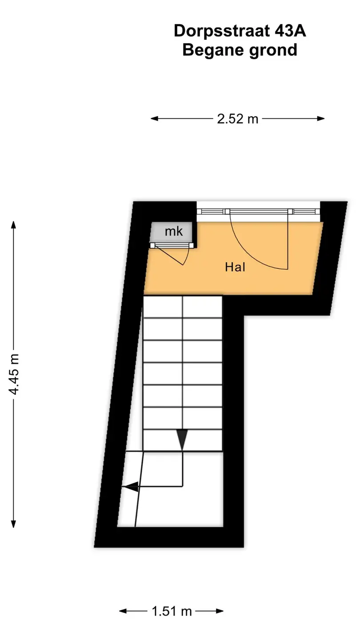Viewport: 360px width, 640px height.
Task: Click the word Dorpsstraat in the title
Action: coord(221,32)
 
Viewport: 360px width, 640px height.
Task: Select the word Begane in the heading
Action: coord(213,51)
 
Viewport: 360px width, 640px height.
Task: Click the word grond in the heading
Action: coord(273,51)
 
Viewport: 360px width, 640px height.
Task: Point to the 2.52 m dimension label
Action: coord(237,119)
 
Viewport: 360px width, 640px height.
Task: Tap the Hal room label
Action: coord(235,267)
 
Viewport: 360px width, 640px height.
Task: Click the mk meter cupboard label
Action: coord(174,232)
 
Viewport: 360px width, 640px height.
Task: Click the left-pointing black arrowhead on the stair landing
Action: coord(130,487)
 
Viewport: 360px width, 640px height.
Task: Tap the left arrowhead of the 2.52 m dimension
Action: coord(155,119)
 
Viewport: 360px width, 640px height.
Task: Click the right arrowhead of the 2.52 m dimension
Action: coord(321,119)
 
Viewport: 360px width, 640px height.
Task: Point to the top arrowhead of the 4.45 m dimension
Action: coord(13,225)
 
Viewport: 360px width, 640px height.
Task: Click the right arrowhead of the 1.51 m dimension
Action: coord(220,611)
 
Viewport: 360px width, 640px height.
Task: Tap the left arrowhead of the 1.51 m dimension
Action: coord(123,611)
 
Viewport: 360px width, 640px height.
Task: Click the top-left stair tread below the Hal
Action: coord(163,307)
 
